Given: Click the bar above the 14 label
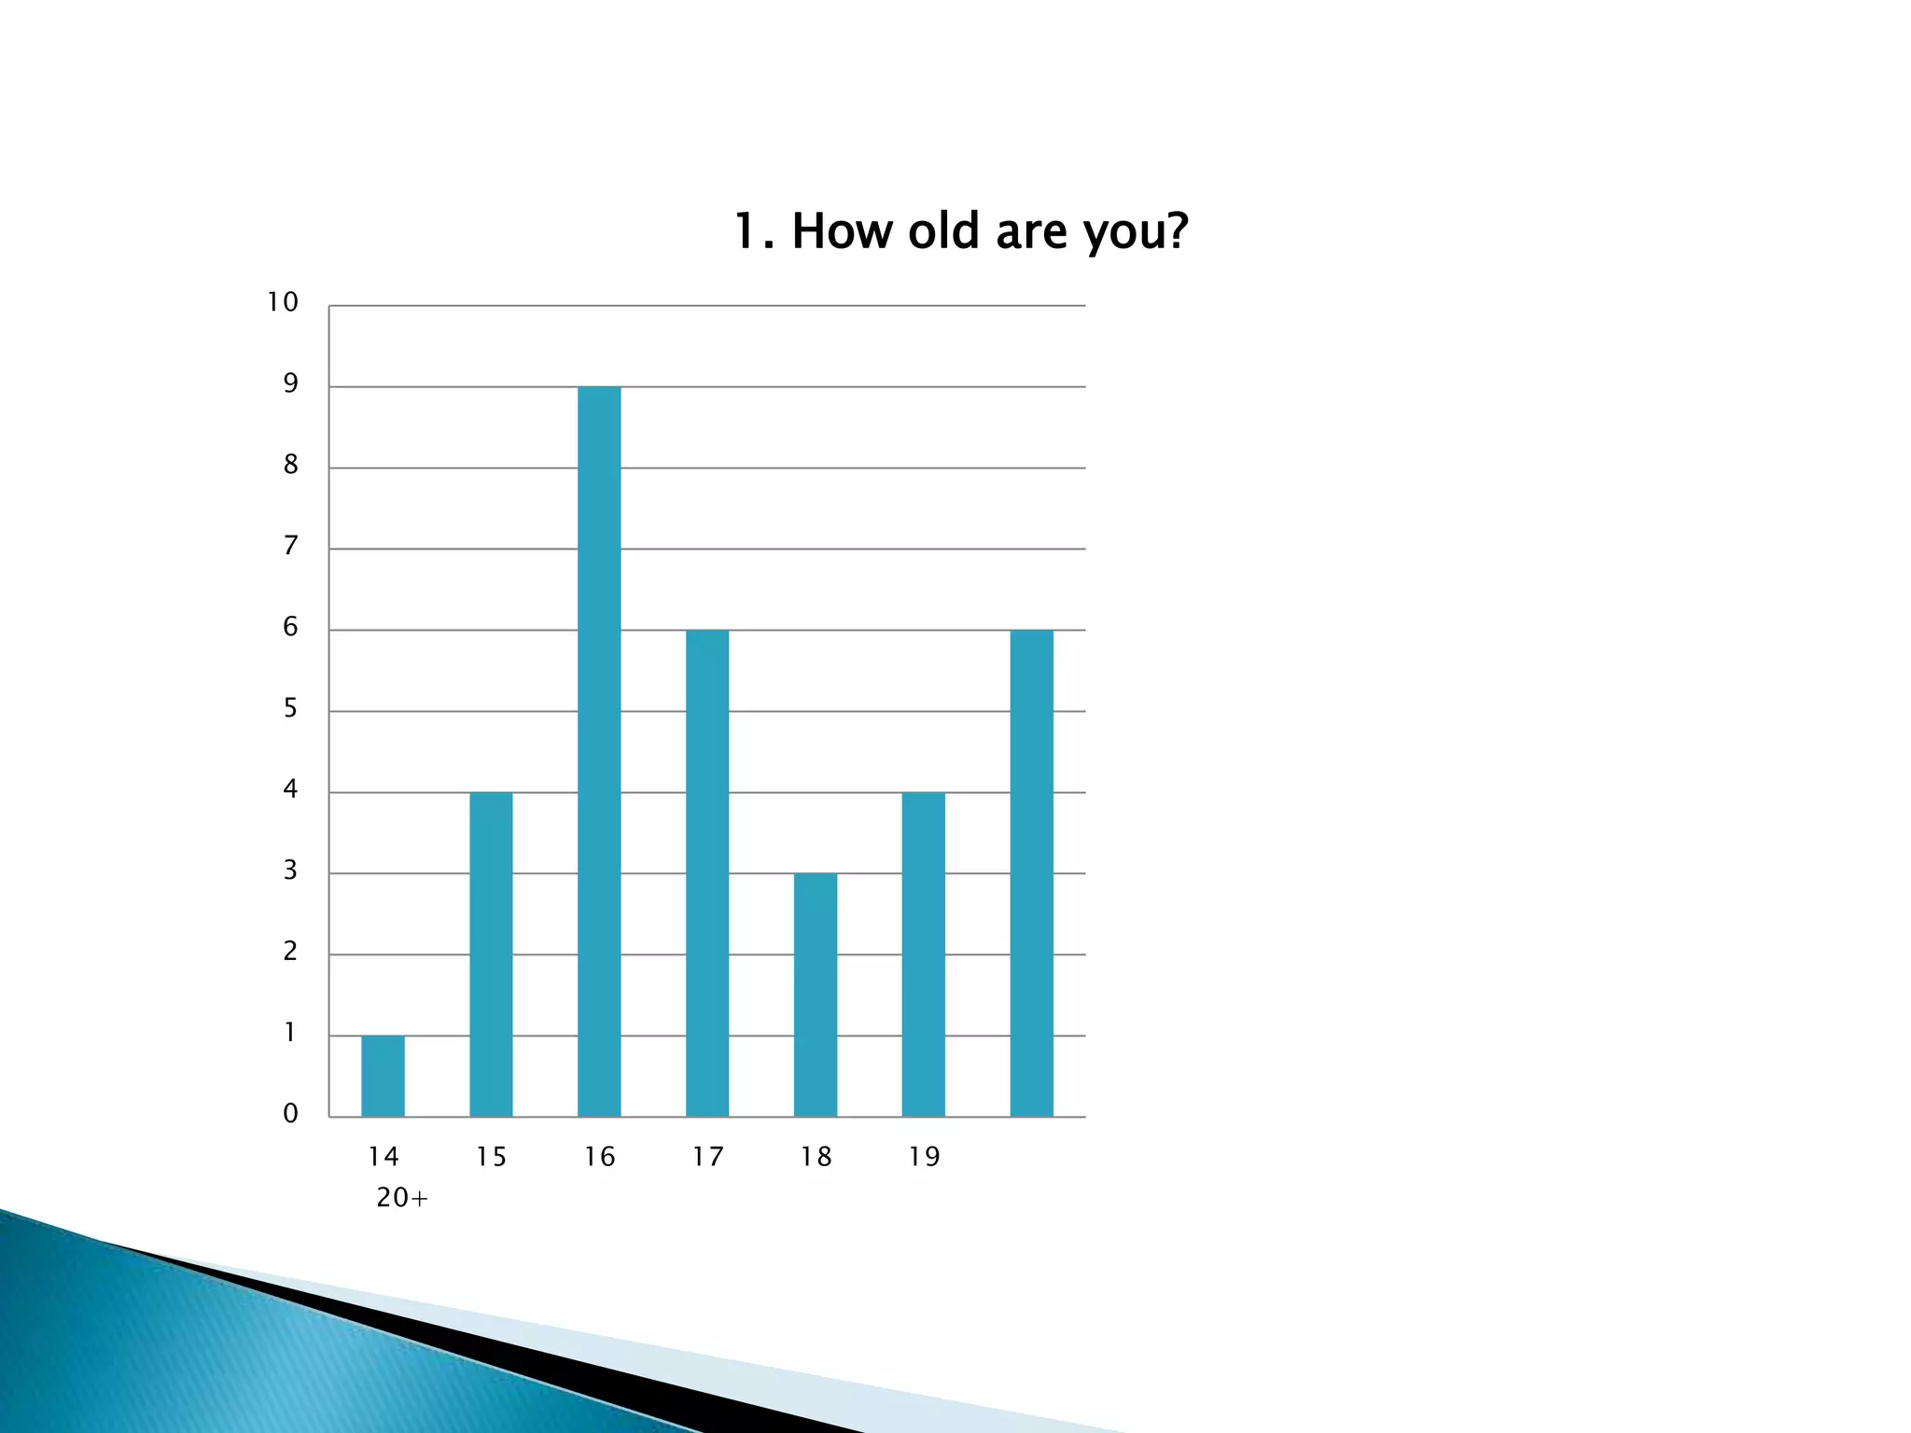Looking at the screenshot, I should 383,1076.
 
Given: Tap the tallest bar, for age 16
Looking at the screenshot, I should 599,751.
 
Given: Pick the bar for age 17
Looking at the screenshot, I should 707,873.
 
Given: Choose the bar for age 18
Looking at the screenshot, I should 816,995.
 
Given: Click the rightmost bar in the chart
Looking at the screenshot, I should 1031,873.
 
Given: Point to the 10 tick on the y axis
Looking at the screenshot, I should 283,302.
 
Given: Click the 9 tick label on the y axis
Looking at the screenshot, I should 290,383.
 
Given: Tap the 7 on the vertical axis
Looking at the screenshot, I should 290,546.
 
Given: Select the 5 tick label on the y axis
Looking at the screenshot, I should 290,708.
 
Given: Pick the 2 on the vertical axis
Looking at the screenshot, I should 290,952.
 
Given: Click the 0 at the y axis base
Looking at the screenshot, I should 290,1113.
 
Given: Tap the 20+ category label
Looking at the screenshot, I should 402,1198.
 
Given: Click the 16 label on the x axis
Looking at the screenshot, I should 599,1157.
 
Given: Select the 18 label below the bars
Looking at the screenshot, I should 816,1157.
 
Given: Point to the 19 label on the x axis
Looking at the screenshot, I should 924,1157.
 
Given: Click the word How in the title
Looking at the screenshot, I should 843,231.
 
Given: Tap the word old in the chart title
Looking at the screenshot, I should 943,231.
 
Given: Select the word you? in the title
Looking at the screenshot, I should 1136,233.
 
